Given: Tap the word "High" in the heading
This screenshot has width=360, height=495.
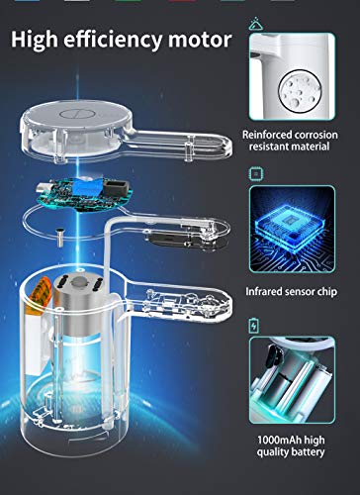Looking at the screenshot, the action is [35, 40].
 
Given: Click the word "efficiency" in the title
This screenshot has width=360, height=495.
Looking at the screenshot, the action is [113, 41].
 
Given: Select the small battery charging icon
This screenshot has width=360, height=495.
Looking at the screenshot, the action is [253, 326].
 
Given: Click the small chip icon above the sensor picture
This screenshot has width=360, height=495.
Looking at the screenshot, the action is [255, 174].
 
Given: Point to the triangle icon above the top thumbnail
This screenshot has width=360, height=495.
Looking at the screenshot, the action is [255, 25].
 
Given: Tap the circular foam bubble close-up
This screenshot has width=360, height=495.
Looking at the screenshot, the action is [300, 89].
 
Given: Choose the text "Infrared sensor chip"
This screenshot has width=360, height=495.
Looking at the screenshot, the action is [292, 292].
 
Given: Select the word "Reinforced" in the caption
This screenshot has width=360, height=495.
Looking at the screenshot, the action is [267, 135].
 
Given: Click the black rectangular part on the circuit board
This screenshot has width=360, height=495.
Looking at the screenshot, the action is [117, 187].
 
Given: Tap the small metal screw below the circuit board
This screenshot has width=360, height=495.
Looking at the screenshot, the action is [59, 238].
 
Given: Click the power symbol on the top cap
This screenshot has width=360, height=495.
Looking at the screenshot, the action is [78, 114].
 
